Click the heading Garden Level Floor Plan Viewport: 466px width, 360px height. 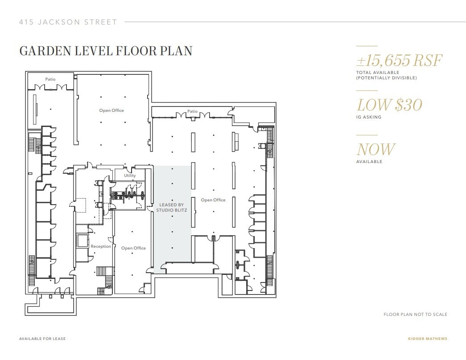[x=106, y=51]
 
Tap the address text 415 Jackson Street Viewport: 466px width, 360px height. [x=68, y=22]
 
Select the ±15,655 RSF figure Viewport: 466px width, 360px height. [x=400, y=60]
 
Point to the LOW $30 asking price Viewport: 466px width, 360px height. [x=389, y=105]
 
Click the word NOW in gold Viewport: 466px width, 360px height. [x=375, y=149]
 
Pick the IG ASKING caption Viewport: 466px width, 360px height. [x=369, y=117]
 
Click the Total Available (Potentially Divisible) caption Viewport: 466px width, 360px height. [x=386, y=75]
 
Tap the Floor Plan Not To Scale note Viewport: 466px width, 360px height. [x=415, y=315]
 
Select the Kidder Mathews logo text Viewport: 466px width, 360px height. [x=427, y=339]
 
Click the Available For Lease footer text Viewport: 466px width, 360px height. [x=42, y=339]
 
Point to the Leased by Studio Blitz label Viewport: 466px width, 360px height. [x=172, y=207]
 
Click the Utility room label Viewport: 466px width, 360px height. [x=130, y=176]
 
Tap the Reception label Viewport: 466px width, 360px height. [x=101, y=246]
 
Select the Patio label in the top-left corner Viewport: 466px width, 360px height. [x=50, y=79]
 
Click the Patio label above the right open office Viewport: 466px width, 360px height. [x=192, y=111]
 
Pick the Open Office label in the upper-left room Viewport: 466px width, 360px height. [x=111, y=110]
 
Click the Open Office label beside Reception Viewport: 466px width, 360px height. [x=133, y=248]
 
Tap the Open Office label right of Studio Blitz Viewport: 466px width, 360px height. [x=213, y=200]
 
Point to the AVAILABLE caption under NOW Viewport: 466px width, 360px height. [x=369, y=162]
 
